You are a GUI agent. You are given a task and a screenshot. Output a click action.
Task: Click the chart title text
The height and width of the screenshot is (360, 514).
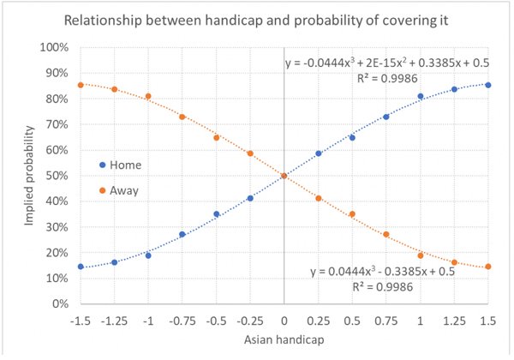[256, 21]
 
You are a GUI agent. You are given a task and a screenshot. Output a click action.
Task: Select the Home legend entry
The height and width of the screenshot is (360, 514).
[121, 165]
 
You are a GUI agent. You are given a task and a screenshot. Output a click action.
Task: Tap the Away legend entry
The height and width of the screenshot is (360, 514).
[119, 190]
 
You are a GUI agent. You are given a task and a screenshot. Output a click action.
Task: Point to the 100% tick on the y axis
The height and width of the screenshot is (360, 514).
[54, 47]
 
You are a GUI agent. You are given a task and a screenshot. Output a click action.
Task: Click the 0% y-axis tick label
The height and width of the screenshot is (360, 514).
[61, 303]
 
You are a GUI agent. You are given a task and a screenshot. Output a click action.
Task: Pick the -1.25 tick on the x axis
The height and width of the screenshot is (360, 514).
[114, 321]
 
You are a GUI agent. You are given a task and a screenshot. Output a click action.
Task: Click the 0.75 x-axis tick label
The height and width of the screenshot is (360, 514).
[386, 321]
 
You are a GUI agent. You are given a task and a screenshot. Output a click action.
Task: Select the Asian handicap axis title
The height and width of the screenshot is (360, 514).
[284, 339]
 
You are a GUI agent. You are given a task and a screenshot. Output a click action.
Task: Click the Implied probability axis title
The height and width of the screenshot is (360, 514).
[29, 176]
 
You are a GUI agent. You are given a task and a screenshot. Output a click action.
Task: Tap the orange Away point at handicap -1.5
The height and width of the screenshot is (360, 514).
[81, 85]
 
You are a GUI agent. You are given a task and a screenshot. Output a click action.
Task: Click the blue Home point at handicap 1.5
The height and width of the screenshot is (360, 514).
[488, 85]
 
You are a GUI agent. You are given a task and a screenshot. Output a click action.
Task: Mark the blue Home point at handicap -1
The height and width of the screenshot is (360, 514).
[148, 255]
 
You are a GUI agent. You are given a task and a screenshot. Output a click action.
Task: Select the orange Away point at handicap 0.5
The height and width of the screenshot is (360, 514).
[352, 214]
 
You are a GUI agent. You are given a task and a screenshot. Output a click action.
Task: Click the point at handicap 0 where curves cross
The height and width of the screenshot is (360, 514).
[284, 176]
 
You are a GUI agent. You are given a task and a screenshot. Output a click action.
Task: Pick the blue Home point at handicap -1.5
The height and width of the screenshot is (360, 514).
[81, 267]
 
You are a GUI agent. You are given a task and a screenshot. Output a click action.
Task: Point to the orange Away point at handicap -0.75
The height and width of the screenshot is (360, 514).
[182, 117]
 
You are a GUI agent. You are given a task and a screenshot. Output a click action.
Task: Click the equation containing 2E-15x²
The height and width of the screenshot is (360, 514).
[387, 63]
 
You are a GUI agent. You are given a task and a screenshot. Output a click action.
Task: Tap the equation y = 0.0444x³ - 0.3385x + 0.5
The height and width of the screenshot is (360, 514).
[383, 272]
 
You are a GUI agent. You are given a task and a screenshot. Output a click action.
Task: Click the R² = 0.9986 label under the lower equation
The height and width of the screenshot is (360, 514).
[383, 287]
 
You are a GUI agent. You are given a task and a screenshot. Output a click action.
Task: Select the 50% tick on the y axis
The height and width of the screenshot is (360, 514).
[57, 176]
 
